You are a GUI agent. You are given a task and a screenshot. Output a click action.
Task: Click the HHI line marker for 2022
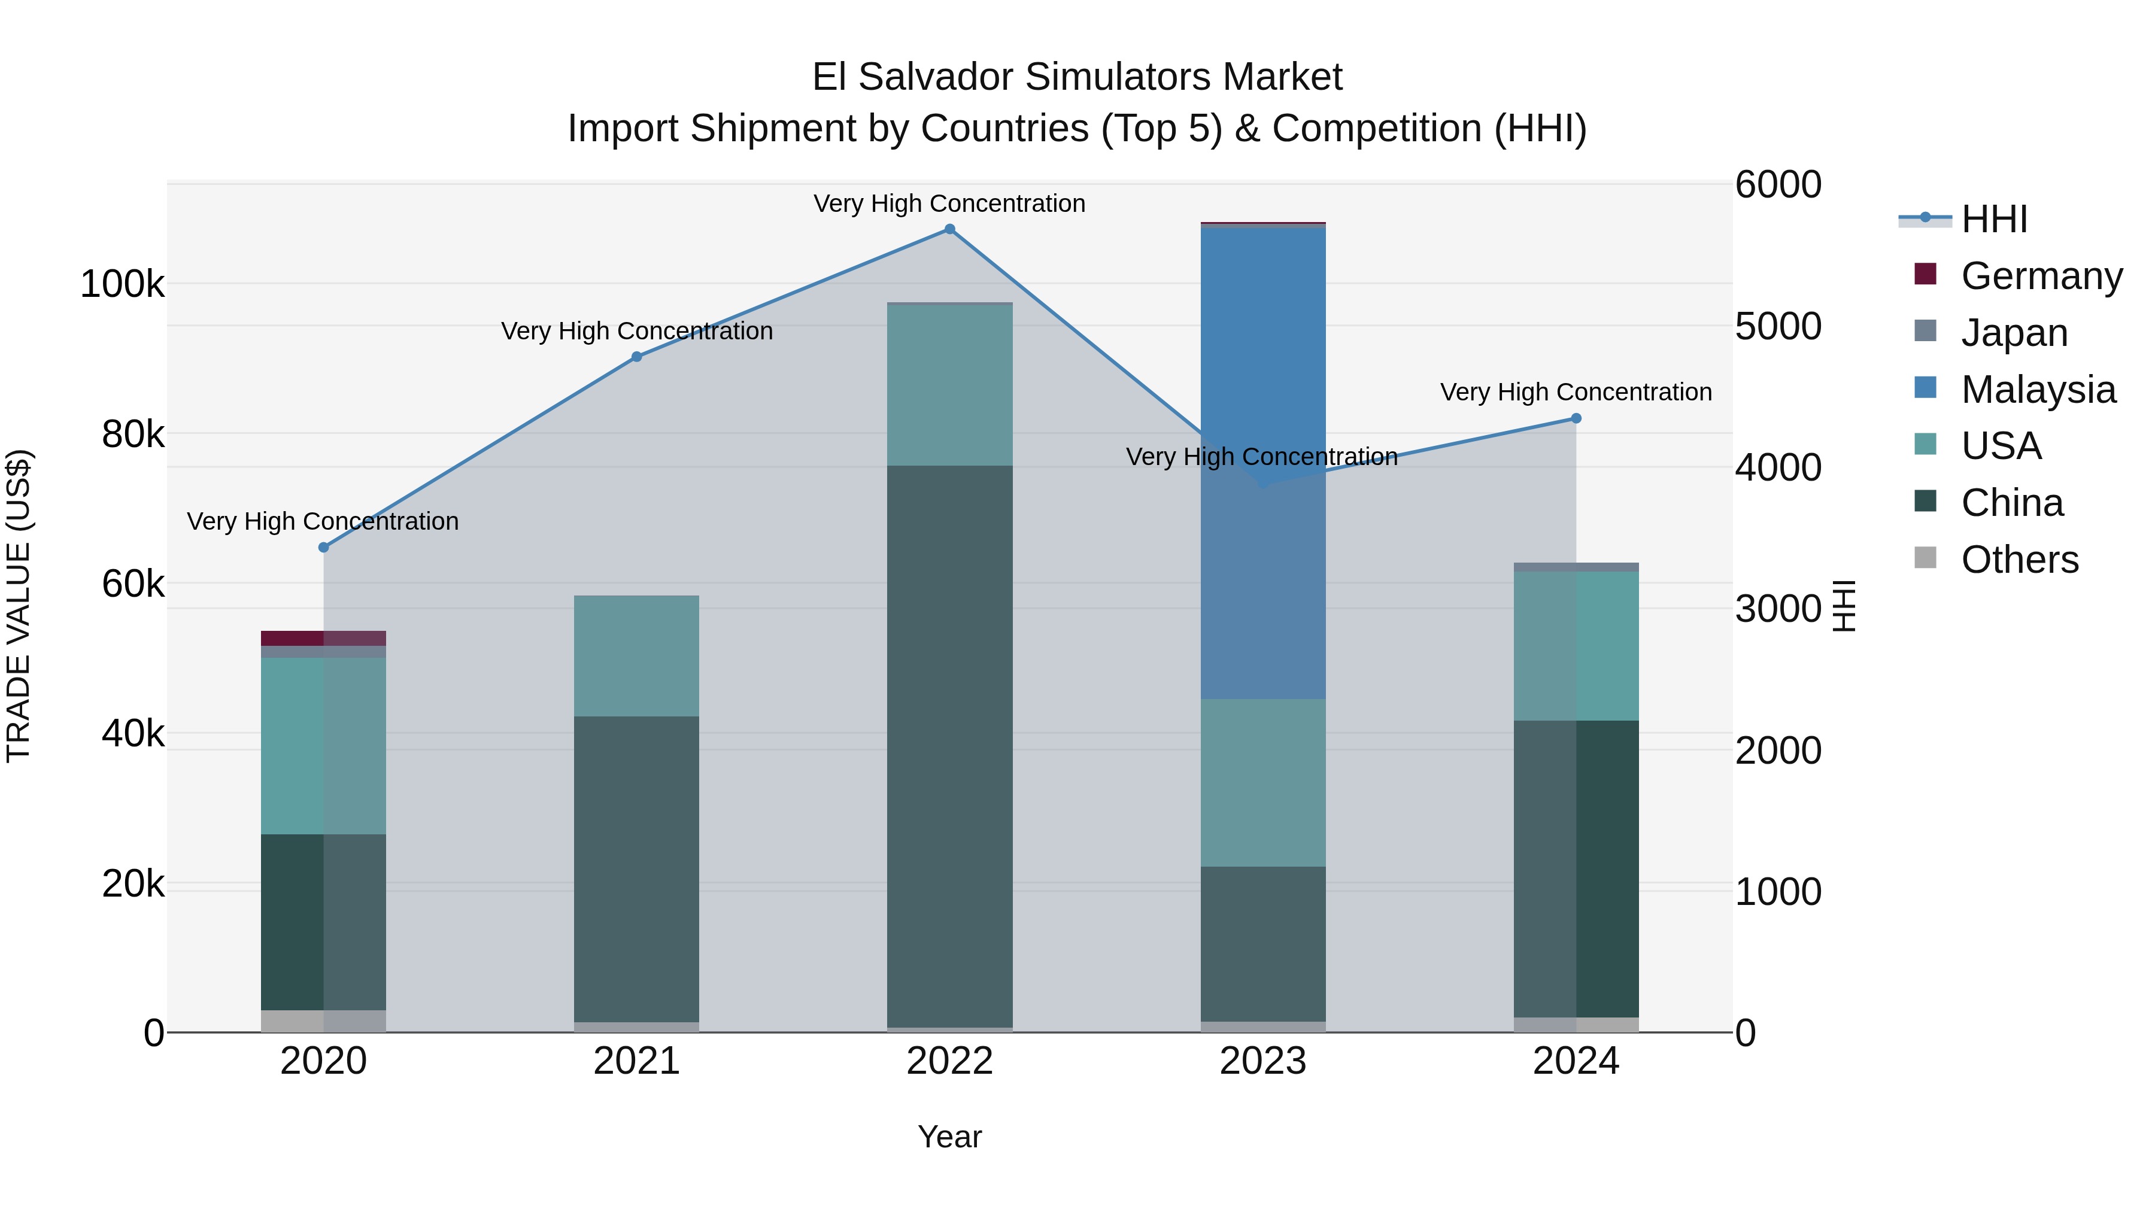click(x=949, y=229)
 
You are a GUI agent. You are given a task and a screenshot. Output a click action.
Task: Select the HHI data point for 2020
click(x=324, y=547)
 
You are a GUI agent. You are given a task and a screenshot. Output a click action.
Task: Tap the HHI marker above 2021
click(x=637, y=356)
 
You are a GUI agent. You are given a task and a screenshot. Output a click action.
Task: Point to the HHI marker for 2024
click(x=1576, y=418)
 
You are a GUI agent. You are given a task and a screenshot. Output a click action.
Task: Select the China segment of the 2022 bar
click(x=949, y=745)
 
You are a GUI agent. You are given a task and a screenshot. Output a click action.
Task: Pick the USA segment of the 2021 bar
click(x=637, y=656)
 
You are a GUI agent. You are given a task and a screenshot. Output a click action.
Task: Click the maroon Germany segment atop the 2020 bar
click(x=324, y=638)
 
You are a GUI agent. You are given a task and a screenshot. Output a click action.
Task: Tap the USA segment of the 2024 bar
click(x=1576, y=646)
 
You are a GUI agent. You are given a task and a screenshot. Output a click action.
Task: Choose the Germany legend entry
click(x=2041, y=276)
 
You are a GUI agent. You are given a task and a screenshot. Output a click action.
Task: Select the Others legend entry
click(x=2020, y=560)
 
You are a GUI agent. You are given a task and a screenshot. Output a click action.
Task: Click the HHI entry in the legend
click(x=1995, y=219)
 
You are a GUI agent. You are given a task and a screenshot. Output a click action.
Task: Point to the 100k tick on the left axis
click(x=122, y=284)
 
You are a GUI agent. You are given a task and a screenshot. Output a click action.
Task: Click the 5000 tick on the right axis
click(x=1778, y=326)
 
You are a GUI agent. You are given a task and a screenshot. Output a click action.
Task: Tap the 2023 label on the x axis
click(x=1263, y=1061)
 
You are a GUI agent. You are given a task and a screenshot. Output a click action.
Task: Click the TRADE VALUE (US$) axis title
click(x=19, y=606)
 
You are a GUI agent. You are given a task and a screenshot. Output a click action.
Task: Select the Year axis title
click(x=949, y=1137)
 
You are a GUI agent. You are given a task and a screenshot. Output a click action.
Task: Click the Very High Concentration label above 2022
click(x=949, y=203)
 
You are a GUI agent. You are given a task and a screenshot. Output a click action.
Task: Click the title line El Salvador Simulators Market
click(x=1077, y=77)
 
